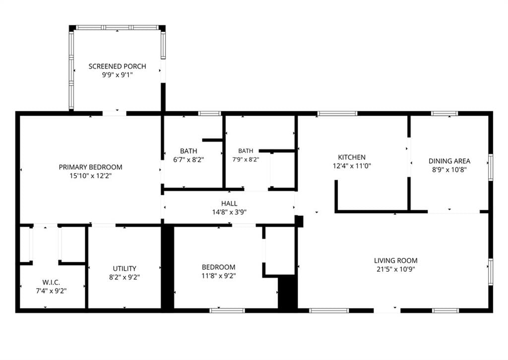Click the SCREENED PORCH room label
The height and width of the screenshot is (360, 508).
[x=117, y=66]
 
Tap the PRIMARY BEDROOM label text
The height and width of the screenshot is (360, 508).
[x=90, y=167]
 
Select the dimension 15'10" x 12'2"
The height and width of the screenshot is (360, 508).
[x=90, y=176]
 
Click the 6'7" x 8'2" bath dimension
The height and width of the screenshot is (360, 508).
[x=189, y=160]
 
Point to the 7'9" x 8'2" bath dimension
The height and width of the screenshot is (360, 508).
[x=246, y=159]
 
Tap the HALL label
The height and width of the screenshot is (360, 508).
[x=229, y=204]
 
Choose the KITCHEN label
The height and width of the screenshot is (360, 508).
[x=352, y=157]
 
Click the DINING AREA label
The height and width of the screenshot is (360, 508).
[x=449, y=161]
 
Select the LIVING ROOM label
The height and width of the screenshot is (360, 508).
[x=395, y=261]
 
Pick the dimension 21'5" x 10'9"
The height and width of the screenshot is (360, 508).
[x=395, y=269]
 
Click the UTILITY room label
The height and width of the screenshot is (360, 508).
[x=125, y=268]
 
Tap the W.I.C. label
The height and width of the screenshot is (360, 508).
[x=51, y=282]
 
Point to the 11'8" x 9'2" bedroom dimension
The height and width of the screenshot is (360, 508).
[x=218, y=276]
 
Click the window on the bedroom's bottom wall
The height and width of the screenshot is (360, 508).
[x=227, y=310]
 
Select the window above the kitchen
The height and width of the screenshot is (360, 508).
[x=337, y=114]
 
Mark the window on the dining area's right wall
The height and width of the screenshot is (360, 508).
[x=491, y=167]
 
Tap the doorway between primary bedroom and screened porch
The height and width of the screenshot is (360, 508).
[x=115, y=114]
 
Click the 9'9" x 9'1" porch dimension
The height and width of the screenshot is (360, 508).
[x=117, y=75]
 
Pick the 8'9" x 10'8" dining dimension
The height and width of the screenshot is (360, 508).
[x=449, y=170]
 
